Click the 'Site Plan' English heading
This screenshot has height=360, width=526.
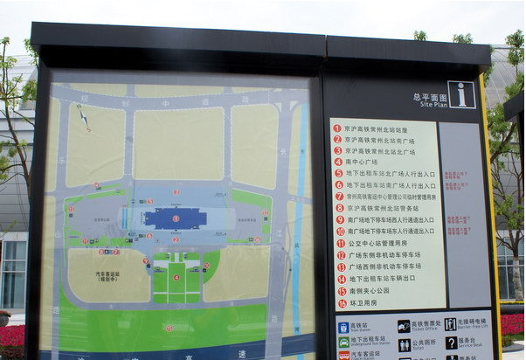[433, 103]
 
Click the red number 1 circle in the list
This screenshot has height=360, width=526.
[337, 128]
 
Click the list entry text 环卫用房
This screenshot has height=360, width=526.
[363, 303]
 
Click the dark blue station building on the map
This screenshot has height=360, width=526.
[175, 218]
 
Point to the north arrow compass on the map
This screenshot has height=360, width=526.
[83, 115]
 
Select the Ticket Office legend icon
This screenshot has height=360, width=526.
[404, 326]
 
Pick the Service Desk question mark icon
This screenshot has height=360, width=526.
[451, 343]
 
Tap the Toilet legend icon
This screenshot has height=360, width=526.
[404, 344]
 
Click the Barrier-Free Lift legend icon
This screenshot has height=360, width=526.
[450, 324]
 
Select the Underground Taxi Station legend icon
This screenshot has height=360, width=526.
[343, 343]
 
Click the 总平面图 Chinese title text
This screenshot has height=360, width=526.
[430, 96]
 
